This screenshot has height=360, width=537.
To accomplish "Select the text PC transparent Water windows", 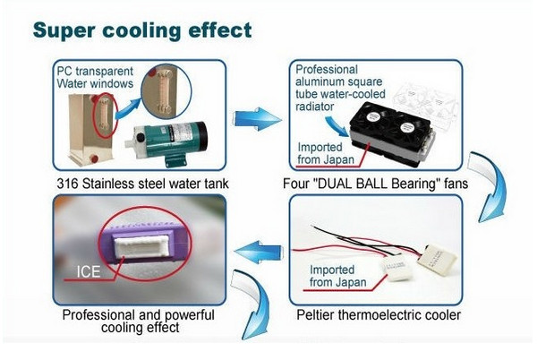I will [97, 80].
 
